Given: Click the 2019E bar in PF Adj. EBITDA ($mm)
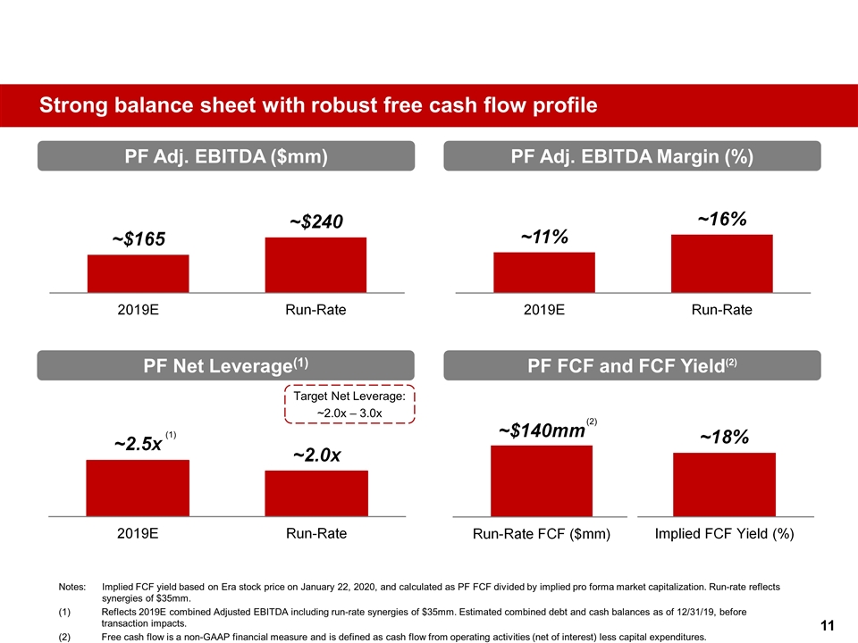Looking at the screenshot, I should pos(138,273).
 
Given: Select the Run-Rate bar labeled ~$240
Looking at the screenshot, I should pos(315,264).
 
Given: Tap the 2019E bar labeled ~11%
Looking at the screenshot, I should pos(543,271).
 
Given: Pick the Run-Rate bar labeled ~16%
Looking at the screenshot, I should pos(721,263).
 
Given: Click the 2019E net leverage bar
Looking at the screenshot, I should pos(138,488).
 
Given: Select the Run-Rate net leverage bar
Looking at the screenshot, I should pos(316,493).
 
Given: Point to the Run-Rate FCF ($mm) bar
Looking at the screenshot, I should pos(542,480).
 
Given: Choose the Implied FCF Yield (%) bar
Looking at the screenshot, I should pos(724,484).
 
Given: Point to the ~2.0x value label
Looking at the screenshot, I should pos(317,455).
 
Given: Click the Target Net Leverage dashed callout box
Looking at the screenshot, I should pos(350,405).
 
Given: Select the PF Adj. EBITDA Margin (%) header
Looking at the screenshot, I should pos(632,156).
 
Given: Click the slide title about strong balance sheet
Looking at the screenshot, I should pos(317,106).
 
